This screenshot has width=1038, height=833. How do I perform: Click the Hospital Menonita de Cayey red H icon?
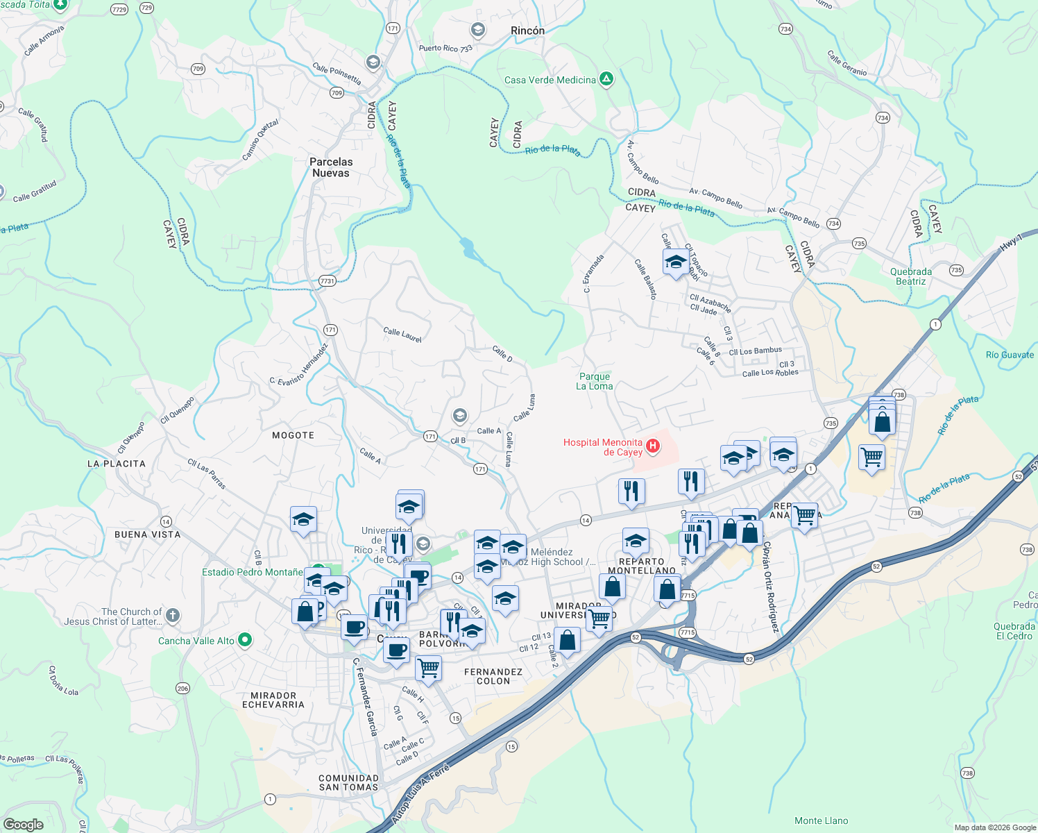[x=652, y=446]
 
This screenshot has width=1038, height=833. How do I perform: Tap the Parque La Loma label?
[x=595, y=381]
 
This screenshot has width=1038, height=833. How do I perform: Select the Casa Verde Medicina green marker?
[x=606, y=79]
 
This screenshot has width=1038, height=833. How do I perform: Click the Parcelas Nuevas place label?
[x=331, y=167]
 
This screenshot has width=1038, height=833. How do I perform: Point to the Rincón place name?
[x=527, y=31]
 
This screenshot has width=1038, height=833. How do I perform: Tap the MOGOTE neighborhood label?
[x=293, y=435]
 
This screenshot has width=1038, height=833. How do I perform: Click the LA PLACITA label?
[x=117, y=464]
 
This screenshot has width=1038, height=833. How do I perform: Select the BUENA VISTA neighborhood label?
[x=147, y=535]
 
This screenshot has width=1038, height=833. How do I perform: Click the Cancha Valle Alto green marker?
[x=244, y=640]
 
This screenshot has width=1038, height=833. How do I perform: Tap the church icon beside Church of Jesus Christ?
[x=173, y=615]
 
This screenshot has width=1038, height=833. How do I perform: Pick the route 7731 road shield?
[x=327, y=280]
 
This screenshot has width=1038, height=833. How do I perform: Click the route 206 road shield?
[x=182, y=688]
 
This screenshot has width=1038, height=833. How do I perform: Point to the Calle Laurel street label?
[x=402, y=335]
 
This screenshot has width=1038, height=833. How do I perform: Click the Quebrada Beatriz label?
[x=911, y=276]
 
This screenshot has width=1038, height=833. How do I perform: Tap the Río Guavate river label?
[x=1010, y=355]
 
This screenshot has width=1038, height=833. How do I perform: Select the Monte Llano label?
[x=821, y=821]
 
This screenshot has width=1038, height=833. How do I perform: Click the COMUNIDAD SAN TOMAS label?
[x=348, y=782]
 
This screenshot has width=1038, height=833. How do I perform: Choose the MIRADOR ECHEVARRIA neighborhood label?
[x=273, y=700]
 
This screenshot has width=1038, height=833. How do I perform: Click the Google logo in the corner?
[x=24, y=824]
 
